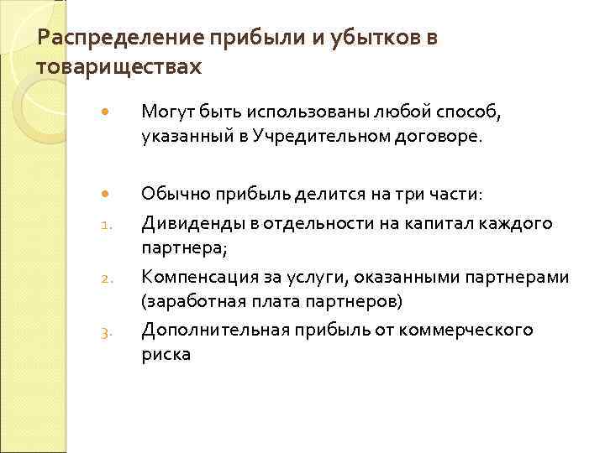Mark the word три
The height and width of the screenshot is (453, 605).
point(378,195)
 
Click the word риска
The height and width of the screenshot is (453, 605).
point(166,354)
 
